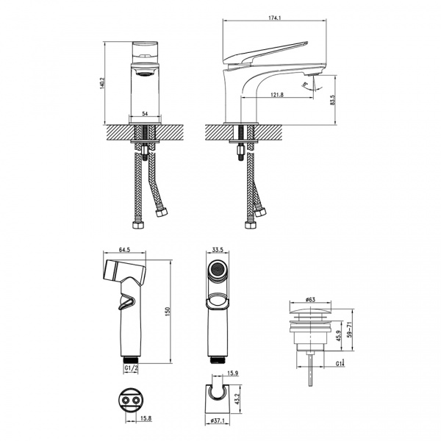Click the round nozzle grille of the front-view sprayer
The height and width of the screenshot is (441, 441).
217,273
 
